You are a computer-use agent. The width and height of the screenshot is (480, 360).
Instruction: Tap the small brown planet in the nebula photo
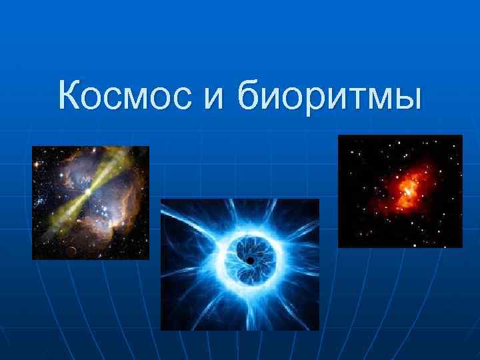pos(71,251)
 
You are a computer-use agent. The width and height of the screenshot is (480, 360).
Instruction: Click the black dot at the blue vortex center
pos(249,259)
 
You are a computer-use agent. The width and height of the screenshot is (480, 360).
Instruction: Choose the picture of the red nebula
pos(400,191)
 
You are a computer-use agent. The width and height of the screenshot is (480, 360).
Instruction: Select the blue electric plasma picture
pos(240,264)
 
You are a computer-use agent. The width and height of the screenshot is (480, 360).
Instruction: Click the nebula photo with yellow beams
pos(91,202)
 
